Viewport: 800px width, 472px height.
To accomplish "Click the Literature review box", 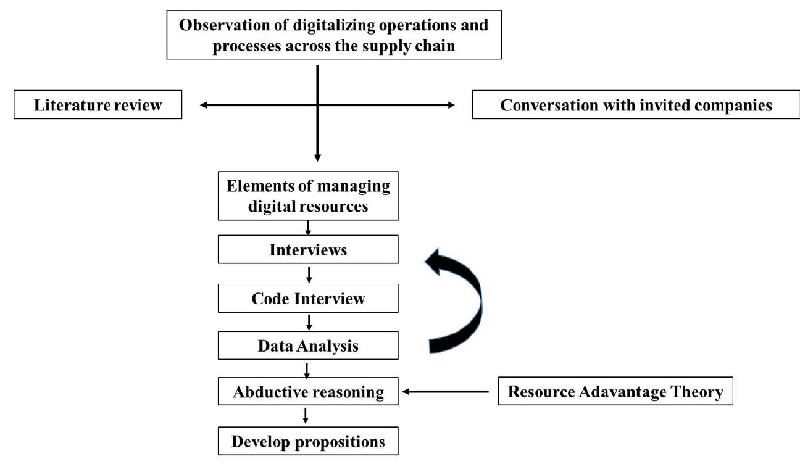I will coord(98,105).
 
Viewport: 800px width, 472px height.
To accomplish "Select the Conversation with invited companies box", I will coord(636,105).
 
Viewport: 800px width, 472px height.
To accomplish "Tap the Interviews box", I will coord(308,250).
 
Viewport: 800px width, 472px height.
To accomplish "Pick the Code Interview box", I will coord(308,299).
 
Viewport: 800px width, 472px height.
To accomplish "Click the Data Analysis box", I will coord(308,346).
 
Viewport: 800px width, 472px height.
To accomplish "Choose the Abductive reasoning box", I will coord(308,392).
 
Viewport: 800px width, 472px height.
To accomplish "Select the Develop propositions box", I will coord(308,442).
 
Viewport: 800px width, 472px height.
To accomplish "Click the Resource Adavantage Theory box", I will coord(615,392).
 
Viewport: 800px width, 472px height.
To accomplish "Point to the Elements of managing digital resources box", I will coord(308,197).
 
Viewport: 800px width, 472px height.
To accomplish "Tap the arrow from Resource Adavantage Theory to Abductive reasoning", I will coord(444,391).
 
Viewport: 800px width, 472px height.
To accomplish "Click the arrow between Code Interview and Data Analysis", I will coord(308,322).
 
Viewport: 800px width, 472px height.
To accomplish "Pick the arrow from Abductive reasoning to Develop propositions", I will coord(306,416).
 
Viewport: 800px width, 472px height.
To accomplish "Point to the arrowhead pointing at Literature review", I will coord(204,106).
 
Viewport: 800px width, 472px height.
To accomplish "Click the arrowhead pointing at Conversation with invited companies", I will coord(451,106).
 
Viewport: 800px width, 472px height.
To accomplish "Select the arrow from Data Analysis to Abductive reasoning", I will coord(307,370).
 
